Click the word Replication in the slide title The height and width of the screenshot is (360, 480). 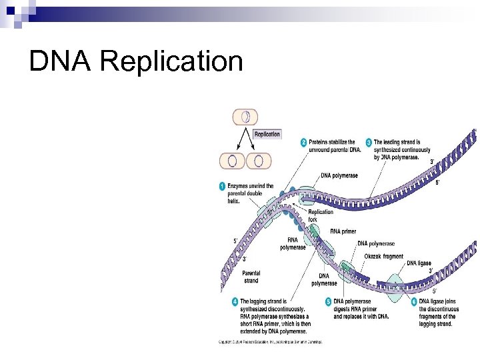pyautogui.click(x=173, y=62)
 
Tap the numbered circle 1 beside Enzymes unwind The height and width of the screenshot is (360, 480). pyautogui.click(x=223, y=186)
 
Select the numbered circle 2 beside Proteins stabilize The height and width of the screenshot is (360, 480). pyautogui.click(x=304, y=142)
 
